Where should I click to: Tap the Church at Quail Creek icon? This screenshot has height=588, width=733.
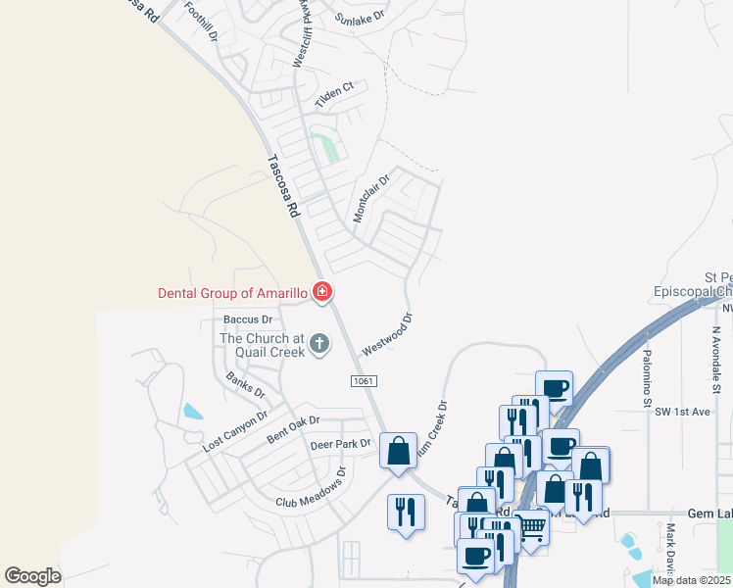click(318, 344)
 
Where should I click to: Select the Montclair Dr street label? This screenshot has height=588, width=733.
click(371, 198)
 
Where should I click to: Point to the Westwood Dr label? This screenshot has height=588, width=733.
click(388, 334)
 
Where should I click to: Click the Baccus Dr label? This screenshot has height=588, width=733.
click(247, 319)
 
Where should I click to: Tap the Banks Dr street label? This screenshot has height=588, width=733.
click(245, 384)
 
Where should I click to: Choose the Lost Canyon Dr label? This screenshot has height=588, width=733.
click(234, 430)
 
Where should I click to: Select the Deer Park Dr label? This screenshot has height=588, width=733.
click(341, 444)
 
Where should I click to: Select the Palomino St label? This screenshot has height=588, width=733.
click(647, 374)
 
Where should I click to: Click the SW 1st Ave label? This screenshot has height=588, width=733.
click(682, 413)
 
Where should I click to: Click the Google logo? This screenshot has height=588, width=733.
click(33, 575)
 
